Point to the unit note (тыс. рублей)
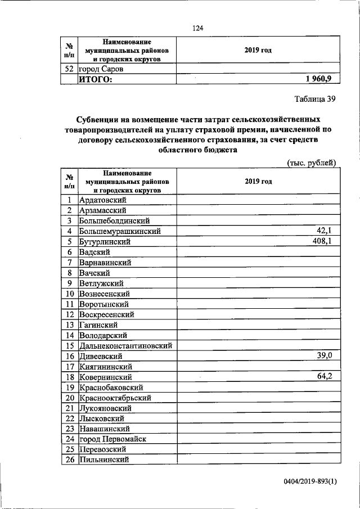(x=312, y=163)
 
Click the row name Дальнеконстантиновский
(x=126, y=346)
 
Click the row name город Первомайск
(x=114, y=439)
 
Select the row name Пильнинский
(x=105, y=460)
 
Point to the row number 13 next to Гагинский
(x=69, y=325)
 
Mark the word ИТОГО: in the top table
(x=95, y=80)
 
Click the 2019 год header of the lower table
(x=258, y=182)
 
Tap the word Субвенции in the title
(x=100, y=120)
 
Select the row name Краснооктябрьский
(x=115, y=398)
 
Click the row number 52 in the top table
(x=69, y=69)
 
